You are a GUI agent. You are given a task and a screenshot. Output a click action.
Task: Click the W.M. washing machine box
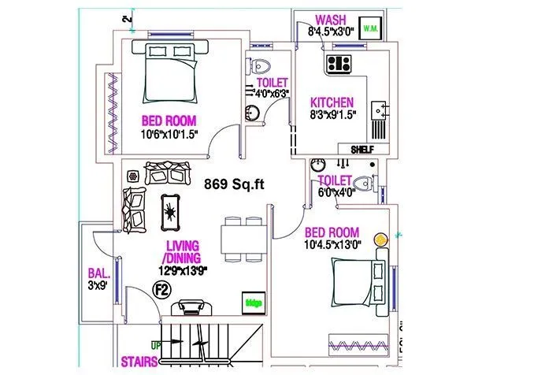[369, 29]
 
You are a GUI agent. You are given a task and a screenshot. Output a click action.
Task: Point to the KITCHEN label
[332, 102]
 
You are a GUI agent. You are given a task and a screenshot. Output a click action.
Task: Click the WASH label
[330, 20]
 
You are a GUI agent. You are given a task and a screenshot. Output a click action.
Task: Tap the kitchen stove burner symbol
[339, 63]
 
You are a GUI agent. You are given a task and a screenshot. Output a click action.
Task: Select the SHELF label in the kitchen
[362, 149]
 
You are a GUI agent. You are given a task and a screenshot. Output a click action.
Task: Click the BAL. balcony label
[98, 275]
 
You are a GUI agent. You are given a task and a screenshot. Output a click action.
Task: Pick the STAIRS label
[139, 363]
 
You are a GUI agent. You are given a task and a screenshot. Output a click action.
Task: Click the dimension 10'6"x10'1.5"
[169, 134]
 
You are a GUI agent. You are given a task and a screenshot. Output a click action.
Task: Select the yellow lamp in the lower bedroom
[380, 237]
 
